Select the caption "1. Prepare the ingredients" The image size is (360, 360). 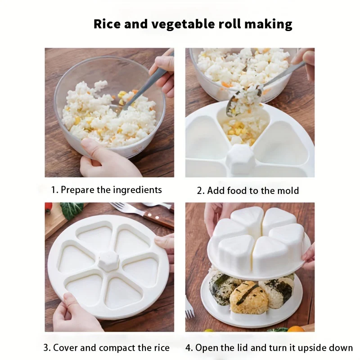point(106,189)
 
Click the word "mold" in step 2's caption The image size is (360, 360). point(287,191)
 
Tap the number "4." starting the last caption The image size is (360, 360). point(190,348)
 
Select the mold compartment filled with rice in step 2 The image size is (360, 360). point(247,128)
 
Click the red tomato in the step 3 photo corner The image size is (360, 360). point(49,207)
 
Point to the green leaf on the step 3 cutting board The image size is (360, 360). point(72,210)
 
